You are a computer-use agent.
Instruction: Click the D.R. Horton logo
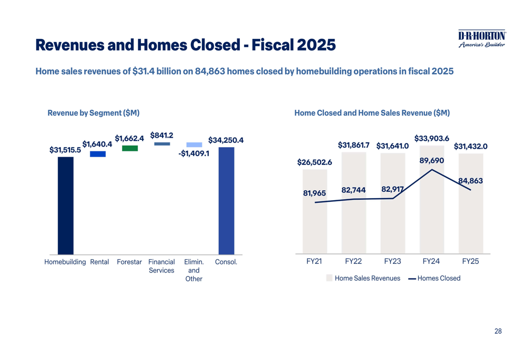(x=481, y=38)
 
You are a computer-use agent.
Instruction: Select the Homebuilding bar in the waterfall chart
(x=65, y=205)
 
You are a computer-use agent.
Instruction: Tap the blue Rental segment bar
(x=98, y=154)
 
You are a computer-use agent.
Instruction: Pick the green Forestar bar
(x=130, y=148)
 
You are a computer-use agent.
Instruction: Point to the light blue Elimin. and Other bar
(x=194, y=145)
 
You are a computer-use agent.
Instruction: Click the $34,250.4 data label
(x=226, y=140)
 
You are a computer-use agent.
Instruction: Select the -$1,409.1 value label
(x=194, y=154)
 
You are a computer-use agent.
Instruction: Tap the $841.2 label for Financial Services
(x=162, y=136)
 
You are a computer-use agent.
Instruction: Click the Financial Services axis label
(x=161, y=266)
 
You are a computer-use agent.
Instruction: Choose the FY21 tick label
(x=314, y=262)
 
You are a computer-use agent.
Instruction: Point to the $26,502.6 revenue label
(x=315, y=162)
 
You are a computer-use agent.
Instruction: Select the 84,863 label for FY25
(x=470, y=181)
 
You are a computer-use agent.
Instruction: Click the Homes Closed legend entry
(x=434, y=279)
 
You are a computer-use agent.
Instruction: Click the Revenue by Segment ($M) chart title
(x=93, y=113)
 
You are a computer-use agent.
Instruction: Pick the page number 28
(x=498, y=331)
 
